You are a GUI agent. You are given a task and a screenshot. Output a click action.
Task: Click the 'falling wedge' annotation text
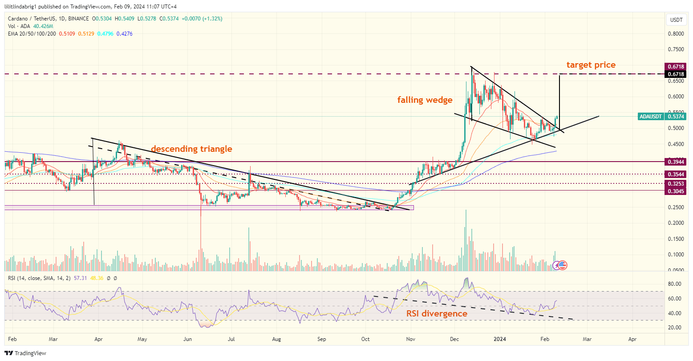425,100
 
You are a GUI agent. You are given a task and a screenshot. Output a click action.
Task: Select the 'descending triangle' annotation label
191,149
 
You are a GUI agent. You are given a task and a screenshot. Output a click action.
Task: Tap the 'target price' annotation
591,65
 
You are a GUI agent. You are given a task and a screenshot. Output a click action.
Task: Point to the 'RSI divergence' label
437,313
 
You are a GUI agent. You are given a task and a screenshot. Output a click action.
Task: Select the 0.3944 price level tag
675,162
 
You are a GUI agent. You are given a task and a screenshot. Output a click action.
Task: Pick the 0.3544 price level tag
675,174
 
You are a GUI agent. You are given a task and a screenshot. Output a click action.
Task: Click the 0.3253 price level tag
675,183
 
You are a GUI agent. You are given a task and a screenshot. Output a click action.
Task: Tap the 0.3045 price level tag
675,191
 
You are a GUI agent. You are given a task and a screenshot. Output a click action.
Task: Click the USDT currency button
676,20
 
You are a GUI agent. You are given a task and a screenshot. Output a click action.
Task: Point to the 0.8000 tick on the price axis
676,34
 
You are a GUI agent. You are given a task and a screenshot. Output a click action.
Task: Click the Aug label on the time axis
276,339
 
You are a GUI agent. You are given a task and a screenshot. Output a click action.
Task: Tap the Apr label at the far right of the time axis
632,339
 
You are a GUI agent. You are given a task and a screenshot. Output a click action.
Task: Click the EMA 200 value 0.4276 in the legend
124,34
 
